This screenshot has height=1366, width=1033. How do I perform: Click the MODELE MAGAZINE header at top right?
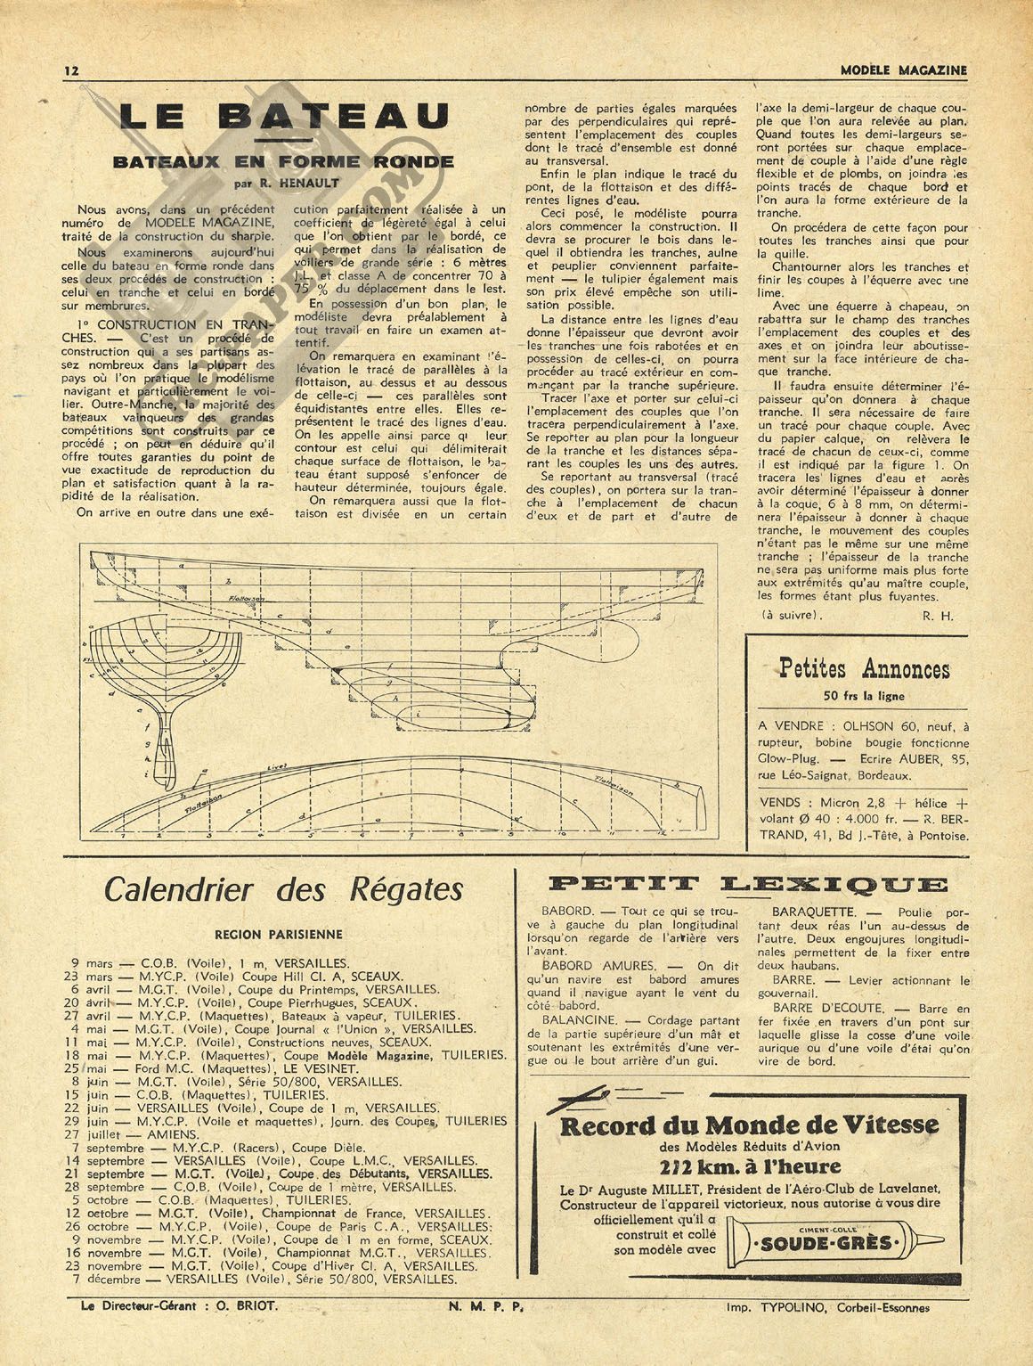903,70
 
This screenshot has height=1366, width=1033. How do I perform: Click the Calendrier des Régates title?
284,889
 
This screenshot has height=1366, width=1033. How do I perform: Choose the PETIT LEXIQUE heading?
746,885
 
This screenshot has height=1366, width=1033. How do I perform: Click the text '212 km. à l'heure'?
750,1167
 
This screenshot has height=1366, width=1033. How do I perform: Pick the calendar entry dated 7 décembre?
107,1280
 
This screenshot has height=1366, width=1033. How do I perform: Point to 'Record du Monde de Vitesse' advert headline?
749,1125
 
